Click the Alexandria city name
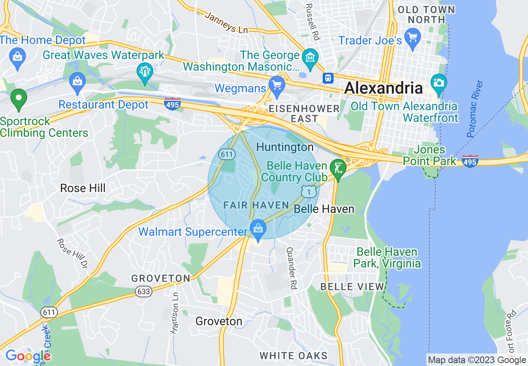pos(384,88)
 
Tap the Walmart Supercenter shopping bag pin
pos(258,228)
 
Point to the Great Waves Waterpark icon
pos(144,72)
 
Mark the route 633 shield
pos(143,292)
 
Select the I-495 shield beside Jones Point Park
pos(470,161)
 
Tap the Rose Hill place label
pos(83,188)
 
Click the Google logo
pos(27,356)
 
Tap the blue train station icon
pos(328,78)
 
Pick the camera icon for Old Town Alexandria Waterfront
pos(438,82)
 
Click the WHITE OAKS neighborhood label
pos(294,356)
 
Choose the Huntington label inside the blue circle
pos(285,147)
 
